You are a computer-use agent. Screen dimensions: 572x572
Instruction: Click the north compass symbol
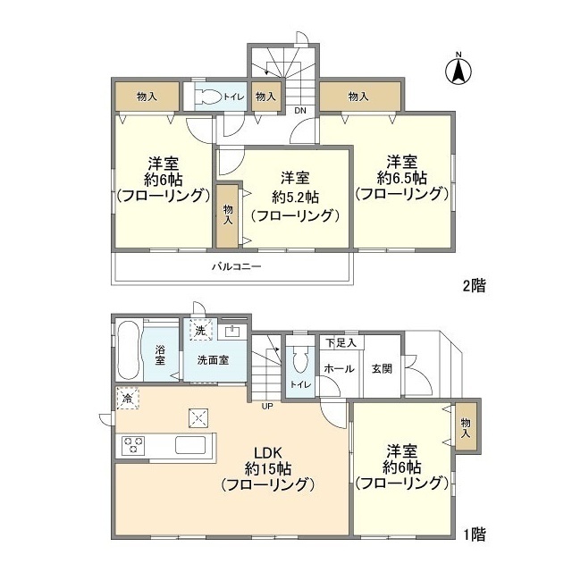(458, 70)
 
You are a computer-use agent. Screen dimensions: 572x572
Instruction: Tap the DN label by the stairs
(300, 110)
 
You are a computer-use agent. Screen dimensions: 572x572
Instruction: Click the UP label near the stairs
(267, 406)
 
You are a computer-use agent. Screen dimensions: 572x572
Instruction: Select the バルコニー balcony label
(237, 266)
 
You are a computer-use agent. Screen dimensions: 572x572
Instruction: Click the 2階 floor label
(475, 286)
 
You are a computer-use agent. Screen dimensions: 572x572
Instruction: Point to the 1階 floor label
(475, 535)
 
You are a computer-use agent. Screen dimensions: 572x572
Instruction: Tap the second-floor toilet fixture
(208, 97)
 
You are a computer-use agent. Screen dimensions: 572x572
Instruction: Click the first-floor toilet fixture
(300, 360)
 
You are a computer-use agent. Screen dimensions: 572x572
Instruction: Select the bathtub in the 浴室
(129, 350)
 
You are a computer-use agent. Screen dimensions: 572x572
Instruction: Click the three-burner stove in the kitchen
(134, 445)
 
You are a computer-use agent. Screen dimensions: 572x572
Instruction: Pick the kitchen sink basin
(190, 445)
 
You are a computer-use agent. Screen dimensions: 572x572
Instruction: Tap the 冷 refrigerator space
(127, 399)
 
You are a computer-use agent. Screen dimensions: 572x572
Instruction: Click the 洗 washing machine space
(200, 330)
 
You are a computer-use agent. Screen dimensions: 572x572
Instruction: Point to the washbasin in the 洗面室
(232, 332)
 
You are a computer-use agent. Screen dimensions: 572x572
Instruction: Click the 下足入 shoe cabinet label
(341, 342)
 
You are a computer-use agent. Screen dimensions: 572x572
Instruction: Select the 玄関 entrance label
(382, 369)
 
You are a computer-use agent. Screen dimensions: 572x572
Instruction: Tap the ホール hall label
(340, 369)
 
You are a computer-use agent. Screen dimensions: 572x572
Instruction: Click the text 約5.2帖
(296, 198)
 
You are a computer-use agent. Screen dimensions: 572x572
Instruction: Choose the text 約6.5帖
(402, 179)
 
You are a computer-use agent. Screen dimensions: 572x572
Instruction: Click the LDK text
(268, 453)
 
